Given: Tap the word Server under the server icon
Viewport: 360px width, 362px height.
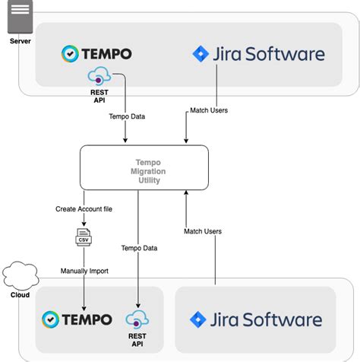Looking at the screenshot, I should [x=21, y=40].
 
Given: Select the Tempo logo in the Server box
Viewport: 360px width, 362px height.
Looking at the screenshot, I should [x=96, y=53].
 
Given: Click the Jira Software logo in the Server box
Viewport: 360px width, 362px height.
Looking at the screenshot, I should [x=258, y=54].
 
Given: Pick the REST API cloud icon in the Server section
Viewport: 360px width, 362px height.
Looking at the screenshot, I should [x=99, y=75].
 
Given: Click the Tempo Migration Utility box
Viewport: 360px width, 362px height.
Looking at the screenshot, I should [x=144, y=167].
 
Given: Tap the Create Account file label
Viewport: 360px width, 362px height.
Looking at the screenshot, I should [x=84, y=208].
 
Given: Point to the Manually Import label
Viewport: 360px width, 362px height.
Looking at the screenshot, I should [x=84, y=271].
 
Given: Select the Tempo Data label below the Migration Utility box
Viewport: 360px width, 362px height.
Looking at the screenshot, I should [x=140, y=248].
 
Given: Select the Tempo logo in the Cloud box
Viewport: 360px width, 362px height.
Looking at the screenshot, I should [x=77, y=319].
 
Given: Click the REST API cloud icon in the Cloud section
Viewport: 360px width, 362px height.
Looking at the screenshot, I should [x=137, y=318].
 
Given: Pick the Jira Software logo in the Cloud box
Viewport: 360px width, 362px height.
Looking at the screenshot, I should [x=256, y=319].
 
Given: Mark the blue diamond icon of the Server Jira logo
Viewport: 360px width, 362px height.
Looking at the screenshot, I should [x=201, y=54].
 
